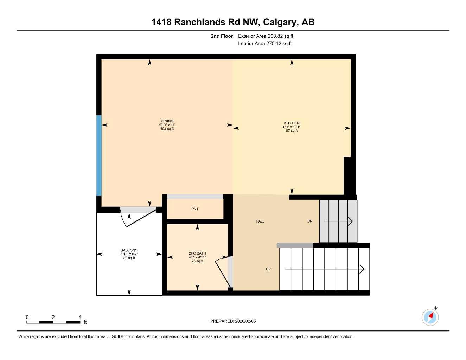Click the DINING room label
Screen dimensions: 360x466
click(167, 121)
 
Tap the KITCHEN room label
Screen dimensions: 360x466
click(292, 123)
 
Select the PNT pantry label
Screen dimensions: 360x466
click(195, 209)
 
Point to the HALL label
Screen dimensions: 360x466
click(260, 221)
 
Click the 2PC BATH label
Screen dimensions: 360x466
click(197, 253)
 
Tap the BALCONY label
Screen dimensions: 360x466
click(129, 251)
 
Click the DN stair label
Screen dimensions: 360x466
click(310, 221)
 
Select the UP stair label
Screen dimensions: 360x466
click(268, 269)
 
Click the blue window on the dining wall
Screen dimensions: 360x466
click(99, 155)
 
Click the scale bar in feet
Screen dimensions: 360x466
click(53, 322)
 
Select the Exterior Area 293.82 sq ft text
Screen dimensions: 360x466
click(266, 36)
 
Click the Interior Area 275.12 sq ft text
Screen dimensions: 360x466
click(265, 44)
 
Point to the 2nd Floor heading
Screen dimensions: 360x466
click(222, 36)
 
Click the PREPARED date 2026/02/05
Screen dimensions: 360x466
click(233, 321)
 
